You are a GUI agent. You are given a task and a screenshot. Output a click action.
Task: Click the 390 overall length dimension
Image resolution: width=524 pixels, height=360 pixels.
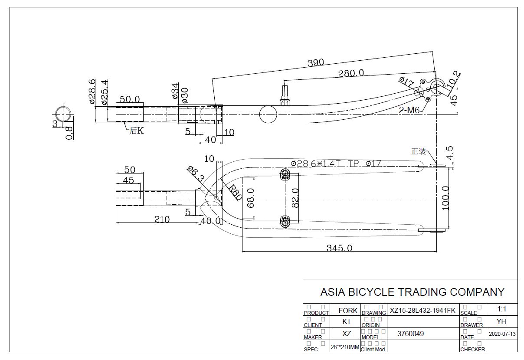pyautogui.click(x=315, y=62)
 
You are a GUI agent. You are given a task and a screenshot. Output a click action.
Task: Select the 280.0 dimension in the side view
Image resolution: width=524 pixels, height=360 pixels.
pyautogui.click(x=351, y=73)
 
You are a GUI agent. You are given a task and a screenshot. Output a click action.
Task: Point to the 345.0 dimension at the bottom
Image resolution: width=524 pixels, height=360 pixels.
pyautogui.click(x=340, y=248)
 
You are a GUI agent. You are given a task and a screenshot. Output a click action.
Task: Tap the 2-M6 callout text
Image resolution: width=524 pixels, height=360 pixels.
pyautogui.click(x=409, y=110)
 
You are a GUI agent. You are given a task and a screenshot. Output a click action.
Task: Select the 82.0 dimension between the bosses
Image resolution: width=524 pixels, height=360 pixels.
pyautogui.click(x=295, y=198)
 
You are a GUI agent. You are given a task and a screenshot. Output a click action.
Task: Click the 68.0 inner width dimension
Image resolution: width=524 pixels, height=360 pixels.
pyautogui.click(x=250, y=198)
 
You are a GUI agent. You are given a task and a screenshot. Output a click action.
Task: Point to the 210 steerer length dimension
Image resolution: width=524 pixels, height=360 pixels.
pyautogui.click(x=162, y=219)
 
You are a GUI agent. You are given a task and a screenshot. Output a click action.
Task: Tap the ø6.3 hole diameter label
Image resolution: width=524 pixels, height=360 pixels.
pyautogui.click(x=195, y=173)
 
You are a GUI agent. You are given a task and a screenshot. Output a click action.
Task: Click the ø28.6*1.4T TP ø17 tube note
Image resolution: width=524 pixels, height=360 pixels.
pyautogui.click(x=336, y=164)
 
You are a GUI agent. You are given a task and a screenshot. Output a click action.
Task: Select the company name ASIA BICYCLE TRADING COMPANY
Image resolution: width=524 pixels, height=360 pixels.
pyautogui.click(x=412, y=292)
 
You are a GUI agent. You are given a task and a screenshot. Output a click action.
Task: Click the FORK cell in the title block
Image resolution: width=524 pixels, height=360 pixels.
pyautogui.click(x=348, y=310)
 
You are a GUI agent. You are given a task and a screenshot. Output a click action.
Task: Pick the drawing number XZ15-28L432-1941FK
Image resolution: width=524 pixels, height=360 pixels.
pyautogui.click(x=422, y=310)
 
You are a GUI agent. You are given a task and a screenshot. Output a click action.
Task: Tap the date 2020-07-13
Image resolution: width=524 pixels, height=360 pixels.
pyautogui.click(x=502, y=334)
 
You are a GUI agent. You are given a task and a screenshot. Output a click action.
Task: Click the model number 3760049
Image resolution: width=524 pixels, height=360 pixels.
pyautogui.click(x=410, y=334)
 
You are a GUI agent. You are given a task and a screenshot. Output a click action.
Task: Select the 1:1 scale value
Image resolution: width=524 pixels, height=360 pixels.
pyautogui.click(x=502, y=309)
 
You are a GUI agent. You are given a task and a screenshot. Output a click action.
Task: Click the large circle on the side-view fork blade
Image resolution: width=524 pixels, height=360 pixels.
pyautogui.click(x=268, y=115)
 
